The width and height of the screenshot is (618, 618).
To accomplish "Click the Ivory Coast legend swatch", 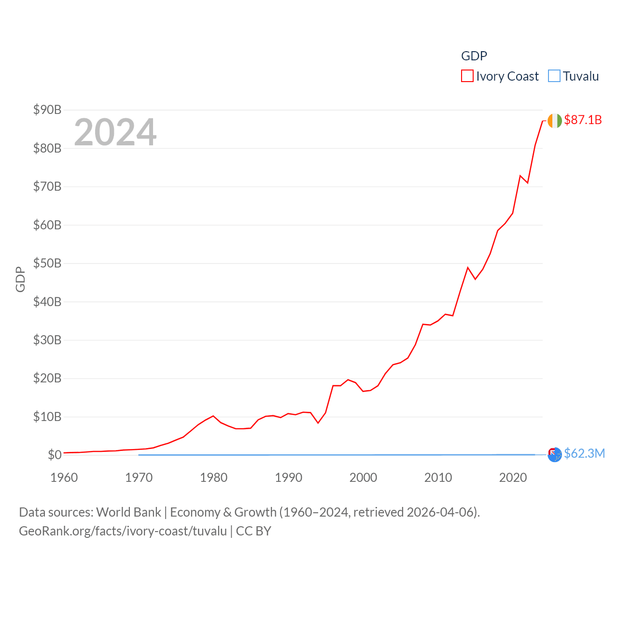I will coord(467,76).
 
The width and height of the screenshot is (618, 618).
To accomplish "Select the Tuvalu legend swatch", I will coord(554,76).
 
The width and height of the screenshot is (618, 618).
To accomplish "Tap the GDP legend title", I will coord(474,56).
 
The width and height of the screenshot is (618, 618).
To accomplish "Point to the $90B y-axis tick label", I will coord(47,110).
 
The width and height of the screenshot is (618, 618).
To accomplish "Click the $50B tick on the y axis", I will coord(47,263).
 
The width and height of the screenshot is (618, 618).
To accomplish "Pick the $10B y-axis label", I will coord(47,417).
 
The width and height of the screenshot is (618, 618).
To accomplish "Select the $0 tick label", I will coord(55,455).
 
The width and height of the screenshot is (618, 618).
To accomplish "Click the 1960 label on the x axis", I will coord(64,478).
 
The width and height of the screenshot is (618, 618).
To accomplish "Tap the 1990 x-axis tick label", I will coord(288,478).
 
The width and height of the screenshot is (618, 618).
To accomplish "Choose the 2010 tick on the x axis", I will coord(438,478).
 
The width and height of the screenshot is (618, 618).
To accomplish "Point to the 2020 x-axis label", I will coord(513,478).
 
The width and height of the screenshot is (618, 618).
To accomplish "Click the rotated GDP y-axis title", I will coord(20,279).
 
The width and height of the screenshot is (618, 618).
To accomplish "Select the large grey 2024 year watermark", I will coord(115,132).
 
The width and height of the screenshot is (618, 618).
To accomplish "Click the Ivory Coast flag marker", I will coord(555,120).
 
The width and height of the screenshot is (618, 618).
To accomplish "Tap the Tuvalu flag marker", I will coord(555,454).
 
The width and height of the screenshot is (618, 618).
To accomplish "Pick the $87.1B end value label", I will coord(583,120).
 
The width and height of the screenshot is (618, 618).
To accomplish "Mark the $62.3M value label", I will coord(584,453).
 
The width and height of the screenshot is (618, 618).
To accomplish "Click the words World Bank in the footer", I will coord(128,512).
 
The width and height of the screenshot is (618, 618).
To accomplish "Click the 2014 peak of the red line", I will coord(467,267).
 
